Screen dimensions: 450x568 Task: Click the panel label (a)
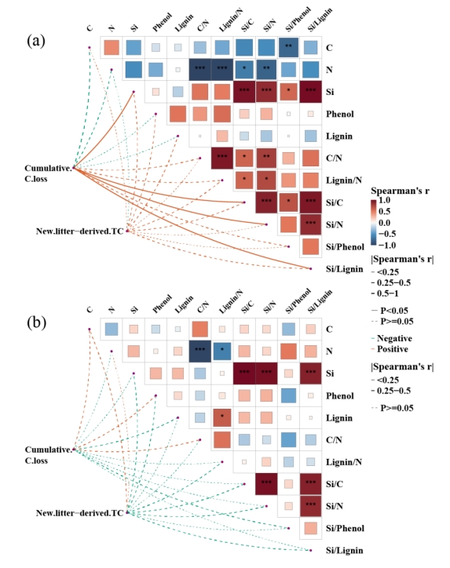[36, 41]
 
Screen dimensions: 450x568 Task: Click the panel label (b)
[36, 322]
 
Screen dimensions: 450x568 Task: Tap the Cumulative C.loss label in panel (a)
[48, 173]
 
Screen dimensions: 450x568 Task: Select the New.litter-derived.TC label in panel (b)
[80, 513]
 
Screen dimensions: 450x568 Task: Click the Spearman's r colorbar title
[400, 191]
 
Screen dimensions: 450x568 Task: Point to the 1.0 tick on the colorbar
[385, 200]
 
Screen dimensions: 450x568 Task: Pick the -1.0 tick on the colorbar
[386, 246]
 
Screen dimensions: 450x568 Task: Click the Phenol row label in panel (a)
[340, 114]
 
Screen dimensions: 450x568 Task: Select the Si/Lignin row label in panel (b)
[344, 550]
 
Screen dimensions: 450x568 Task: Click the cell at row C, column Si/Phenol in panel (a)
[289, 47]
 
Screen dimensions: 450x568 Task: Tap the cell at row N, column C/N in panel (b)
[199, 351]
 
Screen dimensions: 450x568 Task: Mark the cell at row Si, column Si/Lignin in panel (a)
[311, 92]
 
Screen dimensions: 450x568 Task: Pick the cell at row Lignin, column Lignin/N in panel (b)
[222, 417]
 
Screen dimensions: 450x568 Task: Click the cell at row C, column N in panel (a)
[112, 47]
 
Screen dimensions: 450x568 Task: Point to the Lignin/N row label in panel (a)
[344, 180]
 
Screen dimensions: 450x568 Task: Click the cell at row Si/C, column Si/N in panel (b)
[266, 484]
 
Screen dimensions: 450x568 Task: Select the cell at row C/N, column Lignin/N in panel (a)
[222, 158]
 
